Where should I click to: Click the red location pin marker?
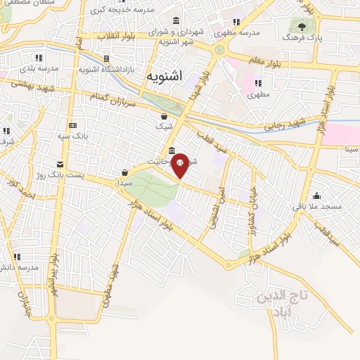[181, 165]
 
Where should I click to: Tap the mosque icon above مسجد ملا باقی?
[317, 195]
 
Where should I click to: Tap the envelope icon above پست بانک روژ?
[60, 162]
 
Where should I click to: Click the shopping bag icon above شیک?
[164, 116]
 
